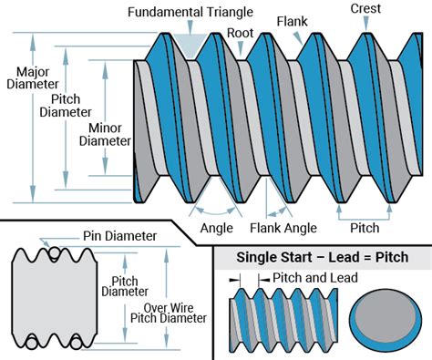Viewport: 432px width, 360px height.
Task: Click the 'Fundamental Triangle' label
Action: [x=190, y=13]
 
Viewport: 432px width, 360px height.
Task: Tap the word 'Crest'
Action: [x=365, y=8]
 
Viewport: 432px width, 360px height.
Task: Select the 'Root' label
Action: [x=240, y=33]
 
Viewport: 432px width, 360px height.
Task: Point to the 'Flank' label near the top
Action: [x=292, y=22]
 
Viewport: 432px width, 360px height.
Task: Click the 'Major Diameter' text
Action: [x=33, y=78]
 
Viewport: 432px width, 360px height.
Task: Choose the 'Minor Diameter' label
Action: [x=105, y=135]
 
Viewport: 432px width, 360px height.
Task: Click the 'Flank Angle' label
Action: [x=283, y=228]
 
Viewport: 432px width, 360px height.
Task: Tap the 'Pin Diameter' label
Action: [x=119, y=236]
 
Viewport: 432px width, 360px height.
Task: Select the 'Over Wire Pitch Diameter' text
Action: [x=169, y=314]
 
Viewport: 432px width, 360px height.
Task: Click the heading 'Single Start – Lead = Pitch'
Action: [x=323, y=257]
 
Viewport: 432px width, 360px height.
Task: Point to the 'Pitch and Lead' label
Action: [x=315, y=278]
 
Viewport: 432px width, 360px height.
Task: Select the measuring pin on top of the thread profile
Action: [x=55, y=253]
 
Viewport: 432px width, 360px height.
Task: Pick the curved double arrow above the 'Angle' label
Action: [x=215, y=211]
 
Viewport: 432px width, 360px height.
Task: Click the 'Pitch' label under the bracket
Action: [x=365, y=228]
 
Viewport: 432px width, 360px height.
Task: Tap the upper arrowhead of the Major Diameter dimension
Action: [x=33, y=40]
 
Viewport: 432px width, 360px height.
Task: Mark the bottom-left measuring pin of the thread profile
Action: [x=31, y=344]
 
